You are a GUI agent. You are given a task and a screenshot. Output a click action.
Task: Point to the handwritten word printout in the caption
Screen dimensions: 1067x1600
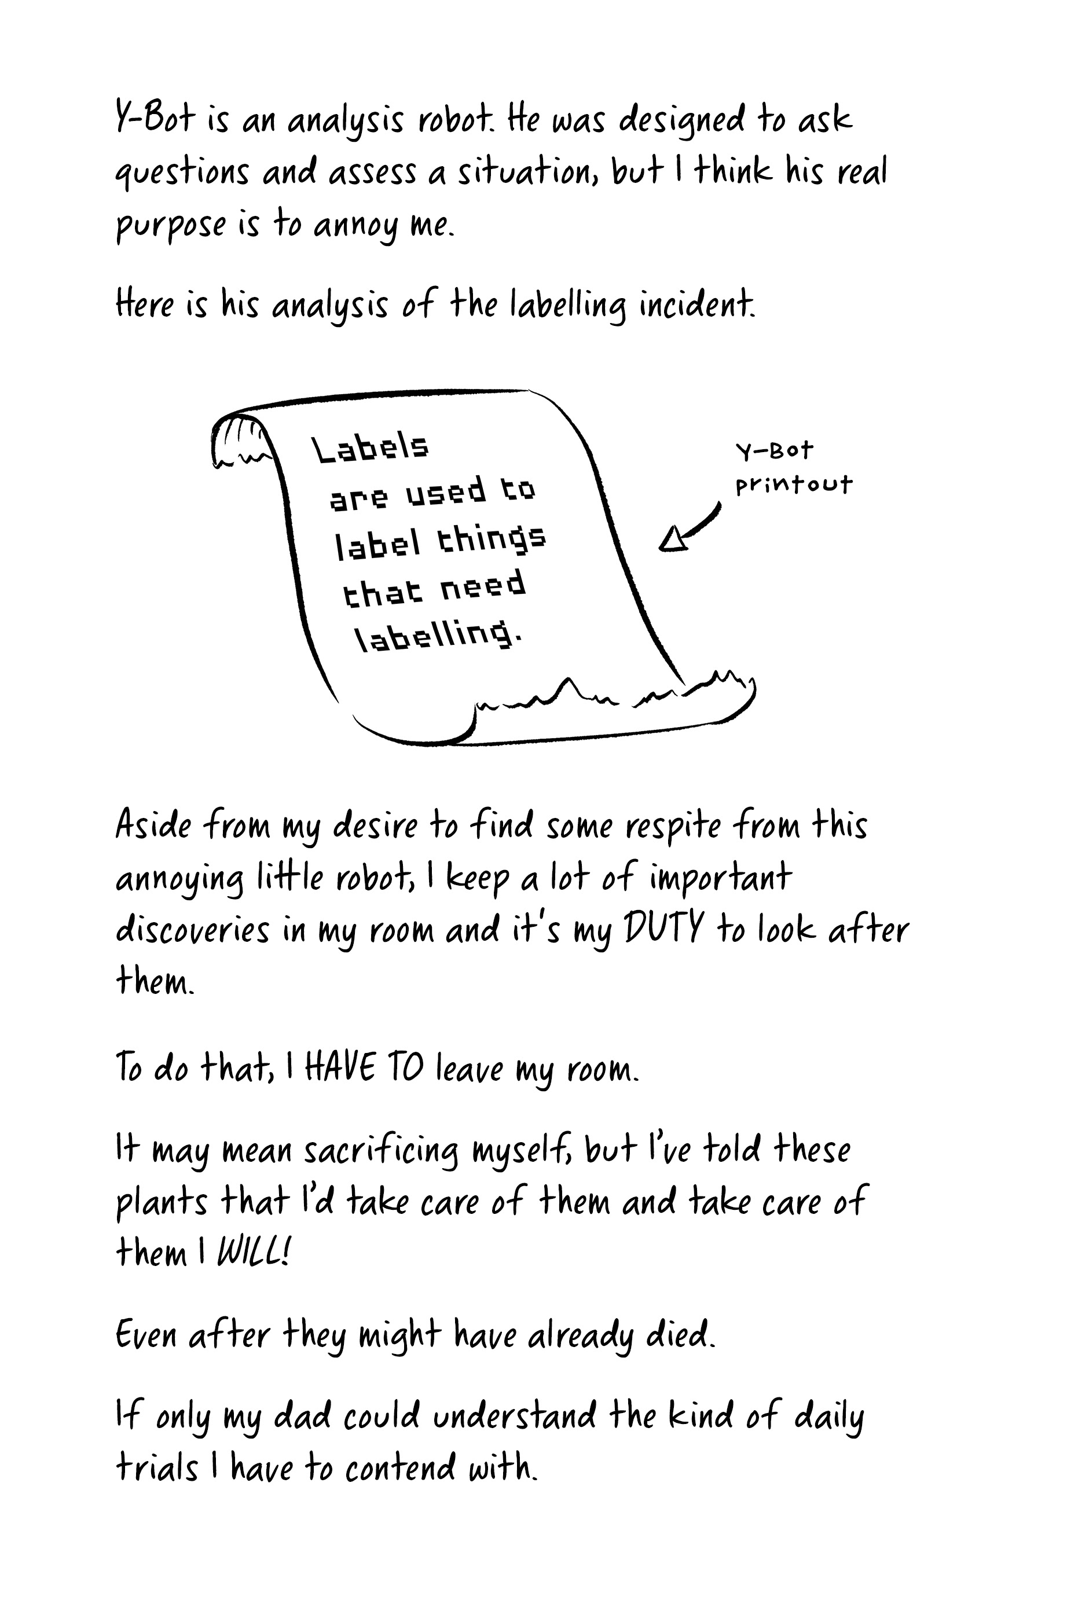coord(793,485)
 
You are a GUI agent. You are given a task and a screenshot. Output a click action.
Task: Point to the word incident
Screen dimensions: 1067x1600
coord(697,304)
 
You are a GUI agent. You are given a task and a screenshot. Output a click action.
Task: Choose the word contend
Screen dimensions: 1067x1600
coord(400,1468)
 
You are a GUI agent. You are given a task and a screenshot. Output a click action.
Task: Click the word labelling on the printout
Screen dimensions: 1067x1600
coord(439,636)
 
